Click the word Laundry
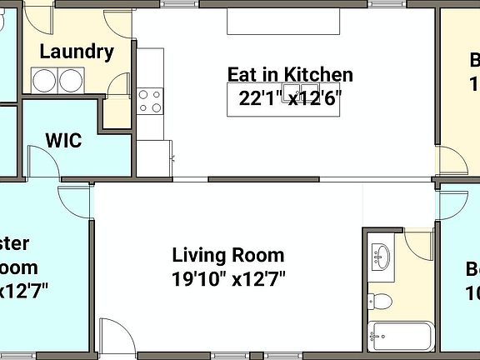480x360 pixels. coord(77,52)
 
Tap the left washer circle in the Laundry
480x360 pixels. coord(44,81)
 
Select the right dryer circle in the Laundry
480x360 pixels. coord(71,81)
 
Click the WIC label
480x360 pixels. coord(63,140)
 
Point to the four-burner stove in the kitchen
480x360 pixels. coord(150,101)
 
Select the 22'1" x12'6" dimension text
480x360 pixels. coord(290,98)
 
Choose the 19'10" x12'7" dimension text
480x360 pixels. coord(228,277)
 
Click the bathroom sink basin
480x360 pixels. coord(382,256)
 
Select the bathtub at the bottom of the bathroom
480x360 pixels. coord(401,337)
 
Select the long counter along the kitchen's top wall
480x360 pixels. coord(283,20)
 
